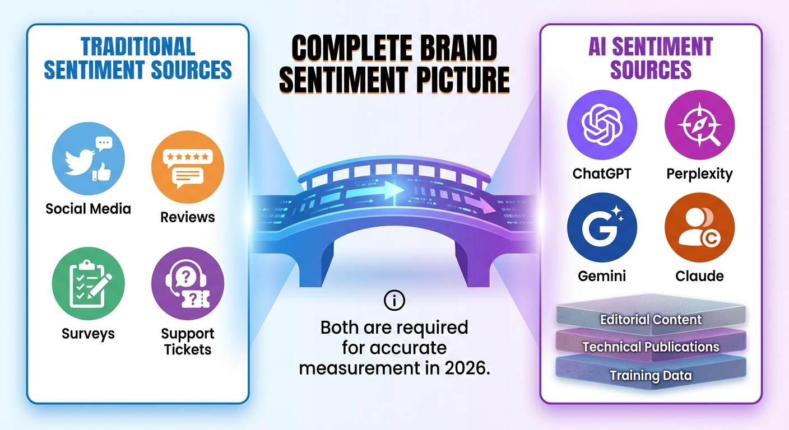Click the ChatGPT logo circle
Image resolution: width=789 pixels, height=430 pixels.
click(602, 124)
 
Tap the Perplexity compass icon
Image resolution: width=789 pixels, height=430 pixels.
click(699, 124)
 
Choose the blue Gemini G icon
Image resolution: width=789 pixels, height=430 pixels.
click(602, 227)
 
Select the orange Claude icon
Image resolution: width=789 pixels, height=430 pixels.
click(699, 227)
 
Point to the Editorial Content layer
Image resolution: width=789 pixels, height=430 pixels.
click(651, 320)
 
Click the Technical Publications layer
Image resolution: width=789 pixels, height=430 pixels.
click(651, 347)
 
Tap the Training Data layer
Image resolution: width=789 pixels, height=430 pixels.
click(651, 375)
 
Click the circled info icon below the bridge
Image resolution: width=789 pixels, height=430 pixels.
click(394, 301)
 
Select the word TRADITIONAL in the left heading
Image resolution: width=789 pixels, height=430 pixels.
click(138, 46)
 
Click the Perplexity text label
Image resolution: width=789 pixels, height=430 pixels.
click(699, 174)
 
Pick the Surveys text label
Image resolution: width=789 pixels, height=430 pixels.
click(88, 334)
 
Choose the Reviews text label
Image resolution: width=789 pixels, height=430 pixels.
click(188, 217)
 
